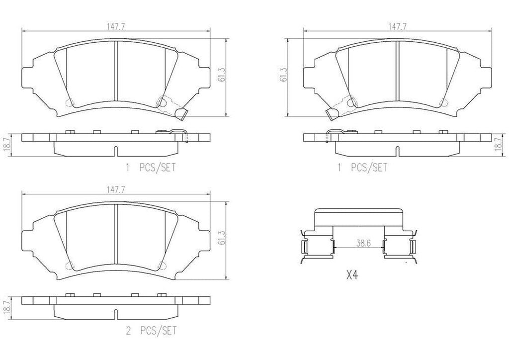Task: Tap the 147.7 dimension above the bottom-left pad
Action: (115, 189)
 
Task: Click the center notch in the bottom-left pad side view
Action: (115, 314)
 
